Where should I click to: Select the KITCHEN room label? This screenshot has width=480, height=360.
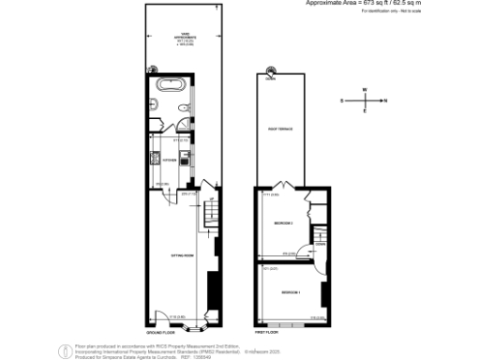(157, 160)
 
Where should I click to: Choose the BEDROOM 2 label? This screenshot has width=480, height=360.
(283, 222)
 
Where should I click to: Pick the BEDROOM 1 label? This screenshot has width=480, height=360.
(291, 293)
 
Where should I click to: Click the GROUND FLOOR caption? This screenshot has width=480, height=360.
(160, 333)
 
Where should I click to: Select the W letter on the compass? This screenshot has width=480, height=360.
(365, 90)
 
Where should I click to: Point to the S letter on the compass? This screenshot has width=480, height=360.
(343, 98)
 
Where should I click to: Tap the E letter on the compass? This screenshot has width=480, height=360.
(365, 111)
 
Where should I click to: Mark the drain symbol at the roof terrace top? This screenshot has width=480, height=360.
(271, 71)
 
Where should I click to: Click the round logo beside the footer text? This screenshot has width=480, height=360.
(65, 349)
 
